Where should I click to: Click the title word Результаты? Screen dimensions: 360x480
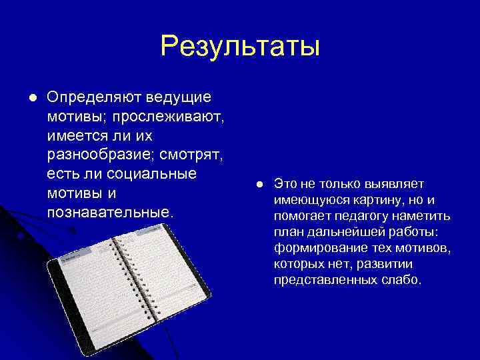(240, 47)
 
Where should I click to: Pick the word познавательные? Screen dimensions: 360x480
(110, 213)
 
